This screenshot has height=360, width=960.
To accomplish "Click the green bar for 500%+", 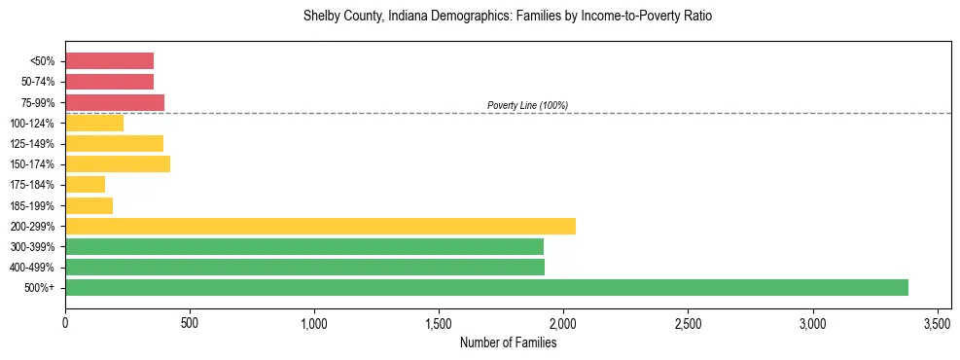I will click(x=486, y=287).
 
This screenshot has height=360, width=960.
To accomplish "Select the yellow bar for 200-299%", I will click(x=320, y=226).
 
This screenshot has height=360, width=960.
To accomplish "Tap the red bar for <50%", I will click(x=109, y=61).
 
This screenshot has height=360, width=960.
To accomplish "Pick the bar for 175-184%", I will click(x=85, y=185).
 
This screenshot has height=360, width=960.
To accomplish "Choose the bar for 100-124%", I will click(x=94, y=123).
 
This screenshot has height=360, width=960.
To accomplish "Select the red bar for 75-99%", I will click(x=115, y=102).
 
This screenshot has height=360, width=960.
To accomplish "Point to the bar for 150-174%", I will click(x=118, y=163).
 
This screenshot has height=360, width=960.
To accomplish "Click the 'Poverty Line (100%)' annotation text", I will click(x=527, y=105).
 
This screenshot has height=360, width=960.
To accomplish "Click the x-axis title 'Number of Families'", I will click(x=509, y=342).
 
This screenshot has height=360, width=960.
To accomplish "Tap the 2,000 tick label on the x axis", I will click(x=563, y=322).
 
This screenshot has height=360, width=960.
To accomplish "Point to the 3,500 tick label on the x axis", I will click(x=938, y=322).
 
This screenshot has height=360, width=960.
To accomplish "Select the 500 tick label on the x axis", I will click(x=190, y=322).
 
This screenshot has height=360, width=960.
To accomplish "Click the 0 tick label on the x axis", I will click(x=65, y=322).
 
